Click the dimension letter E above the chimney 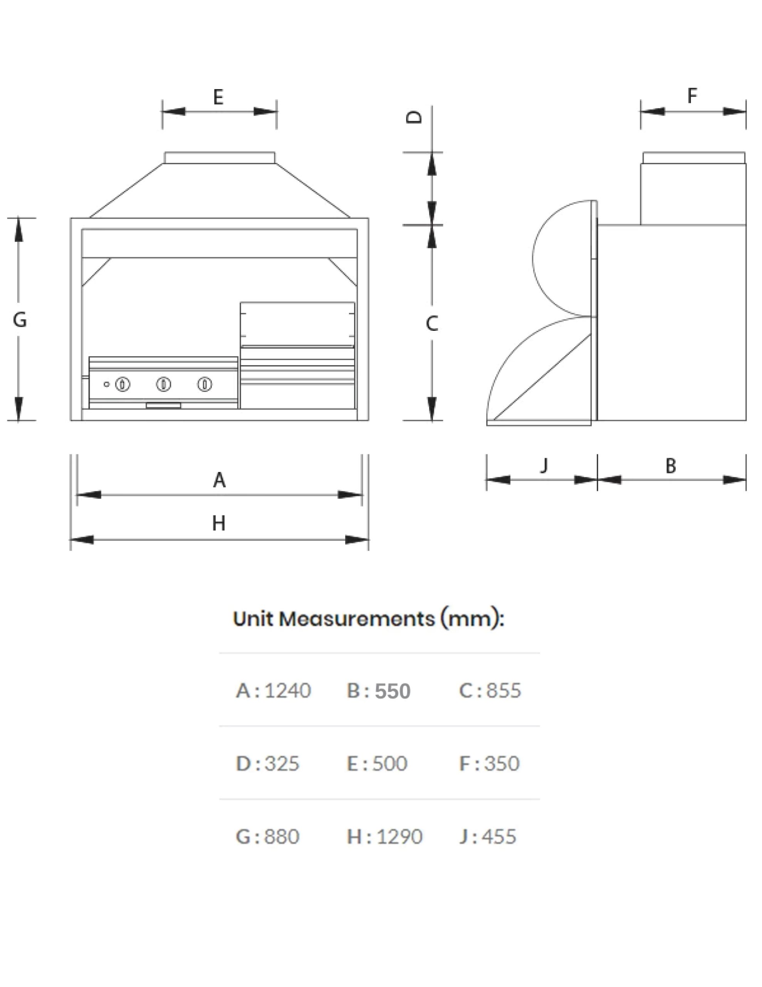pos(218,97)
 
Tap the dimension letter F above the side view pos(692,96)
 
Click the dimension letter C pos(432,323)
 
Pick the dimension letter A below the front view pos(219,480)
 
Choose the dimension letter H pos(218,523)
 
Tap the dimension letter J pos(544,465)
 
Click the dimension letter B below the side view pos(671,466)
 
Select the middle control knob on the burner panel pos(163,385)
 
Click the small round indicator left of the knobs pos(107,385)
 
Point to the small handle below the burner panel pos(163,405)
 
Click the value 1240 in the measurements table pos(287,691)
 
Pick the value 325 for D pos(281,764)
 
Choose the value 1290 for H pos(399,837)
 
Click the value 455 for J pos(498,837)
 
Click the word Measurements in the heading pos(356,619)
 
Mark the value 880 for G pos(281,837)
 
